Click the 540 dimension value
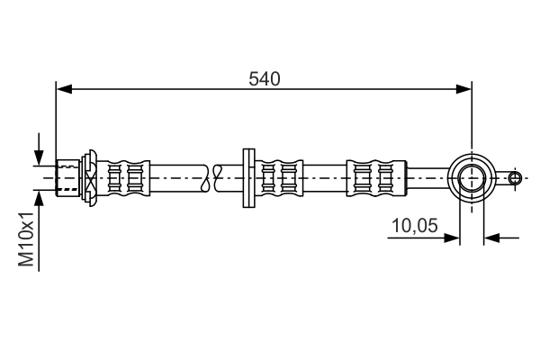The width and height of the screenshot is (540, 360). point(265,78)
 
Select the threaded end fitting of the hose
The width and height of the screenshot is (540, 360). point(67,177)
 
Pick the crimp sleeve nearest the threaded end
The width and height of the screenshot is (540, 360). point(125,177)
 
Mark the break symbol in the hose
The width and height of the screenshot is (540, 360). point(212,177)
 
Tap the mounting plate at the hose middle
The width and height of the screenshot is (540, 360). point(248,177)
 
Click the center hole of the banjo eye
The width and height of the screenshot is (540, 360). point(472,177)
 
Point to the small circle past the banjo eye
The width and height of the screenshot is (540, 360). point(514,177)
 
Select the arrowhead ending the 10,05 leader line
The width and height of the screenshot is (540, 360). point(454,238)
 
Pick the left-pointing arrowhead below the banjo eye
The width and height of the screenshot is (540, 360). point(490,238)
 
